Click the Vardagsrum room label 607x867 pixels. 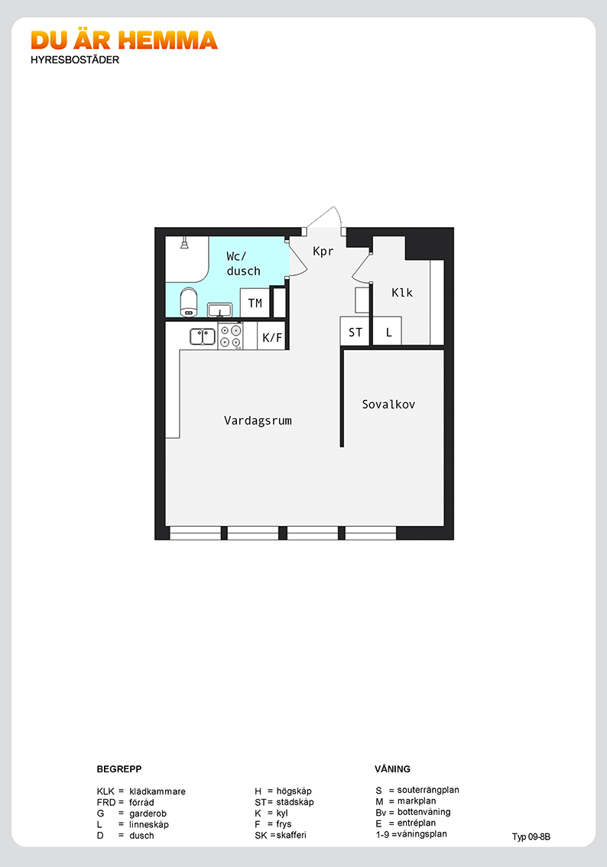(258, 421)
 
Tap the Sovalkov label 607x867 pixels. (388, 404)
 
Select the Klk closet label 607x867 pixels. (402, 293)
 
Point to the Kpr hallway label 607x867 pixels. (323, 251)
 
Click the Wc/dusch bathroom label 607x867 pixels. (243, 264)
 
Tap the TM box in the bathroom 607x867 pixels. (255, 303)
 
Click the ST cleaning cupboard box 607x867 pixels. (355, 332)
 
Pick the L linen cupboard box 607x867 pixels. (388, 332)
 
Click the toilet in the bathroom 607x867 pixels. (189, 302)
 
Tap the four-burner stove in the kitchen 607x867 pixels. (230, 336)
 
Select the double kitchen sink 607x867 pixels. (203, 336)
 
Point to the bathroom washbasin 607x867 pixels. (219, 310)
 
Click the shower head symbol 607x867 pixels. (184, 243)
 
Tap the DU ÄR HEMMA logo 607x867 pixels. (124, 41)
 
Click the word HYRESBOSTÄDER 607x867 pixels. (75, 60)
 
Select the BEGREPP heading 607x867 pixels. (118, 769)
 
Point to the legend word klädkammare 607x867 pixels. (157, 791)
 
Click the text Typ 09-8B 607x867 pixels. (531, 836)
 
